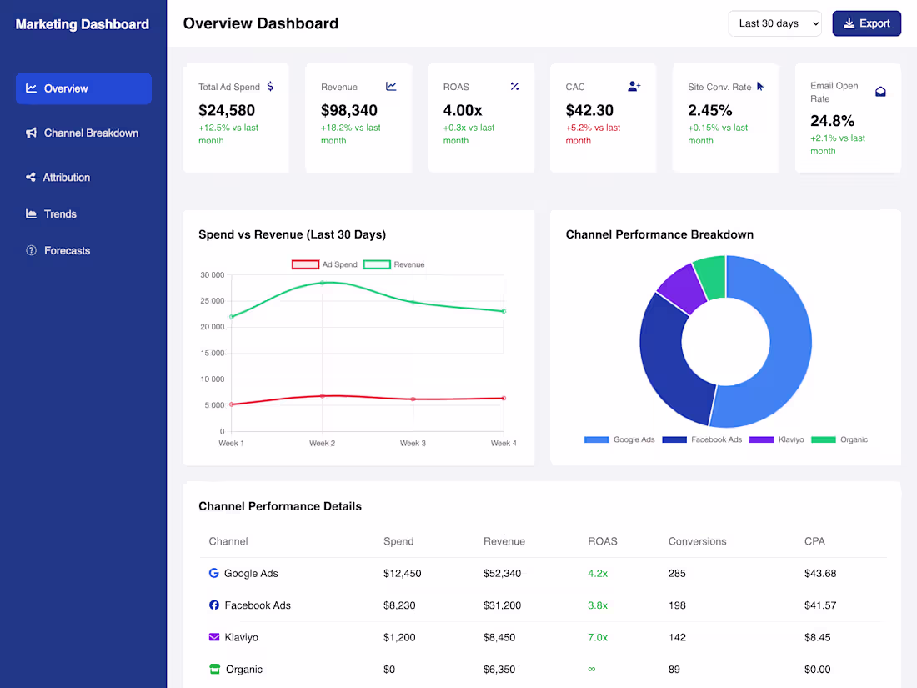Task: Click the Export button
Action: click(x=866, y=23)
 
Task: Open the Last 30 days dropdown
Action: click(x=774, y=23)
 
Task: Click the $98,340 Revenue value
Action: click(x=348, y=110)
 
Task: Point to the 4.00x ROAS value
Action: click(x=462, y=110)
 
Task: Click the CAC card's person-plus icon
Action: click(x=634, y=87)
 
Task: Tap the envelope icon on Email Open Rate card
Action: click(x=880, y=92)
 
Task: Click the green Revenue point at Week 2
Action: click(x=323, y=283)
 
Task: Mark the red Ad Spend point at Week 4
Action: click(x=504, y=398)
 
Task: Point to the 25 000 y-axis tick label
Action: click(x=212, y=300)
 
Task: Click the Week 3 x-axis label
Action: click(x=413, y=443)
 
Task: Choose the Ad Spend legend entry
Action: click(x=324, y=264)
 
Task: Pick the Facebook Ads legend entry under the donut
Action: click(x=702, y=439)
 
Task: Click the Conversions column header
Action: click(x=697, y=541)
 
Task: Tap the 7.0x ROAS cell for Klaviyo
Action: click(x=597, y=637)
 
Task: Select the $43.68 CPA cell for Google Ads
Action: click(x=819, y=573)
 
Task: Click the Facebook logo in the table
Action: click(x=213, y=605)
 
